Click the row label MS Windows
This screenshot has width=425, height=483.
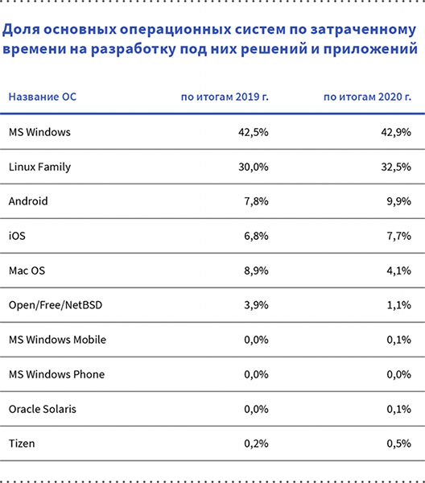coord(39,132)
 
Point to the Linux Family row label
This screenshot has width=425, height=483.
coord(39,167)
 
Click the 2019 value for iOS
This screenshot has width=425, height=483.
coord(254,236)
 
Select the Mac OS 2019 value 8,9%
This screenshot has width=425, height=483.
coord(254,270)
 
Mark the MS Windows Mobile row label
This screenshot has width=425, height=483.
coord(56,340)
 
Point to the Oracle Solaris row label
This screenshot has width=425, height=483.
coord(42,409)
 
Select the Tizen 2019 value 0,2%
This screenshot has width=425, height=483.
coord(254,444)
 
